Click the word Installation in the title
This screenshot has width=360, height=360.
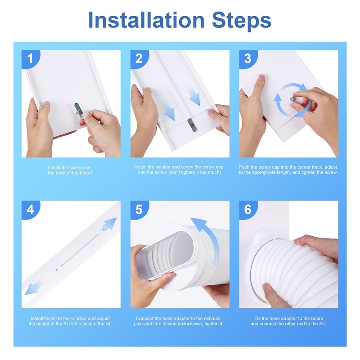click(146, 20)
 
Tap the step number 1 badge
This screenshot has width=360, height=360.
click(31, 59)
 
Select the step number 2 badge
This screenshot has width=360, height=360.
click(139, 59)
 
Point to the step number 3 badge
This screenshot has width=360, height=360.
click(248, 59)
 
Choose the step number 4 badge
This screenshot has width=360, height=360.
click(31, 210)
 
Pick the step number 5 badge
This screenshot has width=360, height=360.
click(139, 210)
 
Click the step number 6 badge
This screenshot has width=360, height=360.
click(248, 210)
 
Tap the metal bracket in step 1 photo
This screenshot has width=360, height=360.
click(78, 111)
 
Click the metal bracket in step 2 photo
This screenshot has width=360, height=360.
click(192, 125)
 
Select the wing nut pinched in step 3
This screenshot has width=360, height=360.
click(292, 99)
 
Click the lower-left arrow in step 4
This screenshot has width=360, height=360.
click(33, 288)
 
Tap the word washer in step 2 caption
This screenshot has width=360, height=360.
click(163, 167)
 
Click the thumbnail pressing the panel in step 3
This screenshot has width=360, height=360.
click(261, 77)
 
